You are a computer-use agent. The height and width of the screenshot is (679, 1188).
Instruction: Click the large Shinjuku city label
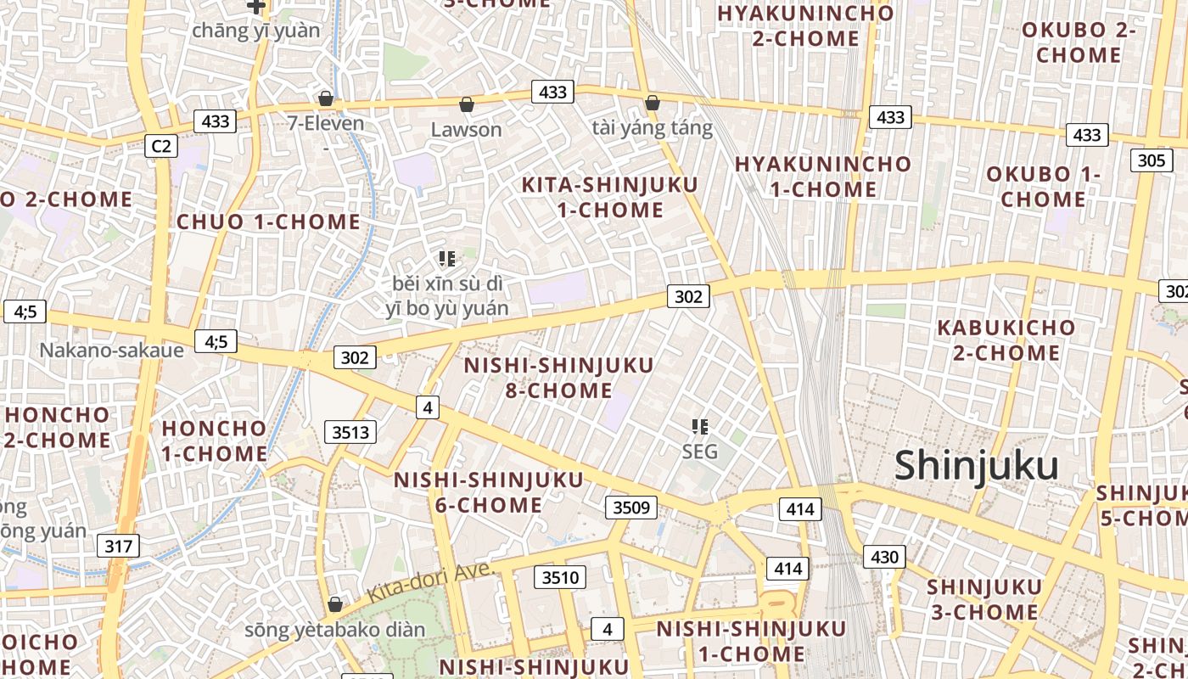977,466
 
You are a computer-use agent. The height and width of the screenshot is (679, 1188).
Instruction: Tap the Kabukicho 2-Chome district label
1006,339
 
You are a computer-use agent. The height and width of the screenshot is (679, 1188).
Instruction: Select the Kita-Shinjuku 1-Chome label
609,197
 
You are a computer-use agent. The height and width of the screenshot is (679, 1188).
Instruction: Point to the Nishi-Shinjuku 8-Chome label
559,378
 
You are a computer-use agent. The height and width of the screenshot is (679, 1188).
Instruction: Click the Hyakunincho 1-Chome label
822,177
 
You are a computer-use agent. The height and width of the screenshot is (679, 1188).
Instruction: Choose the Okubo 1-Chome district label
1043,187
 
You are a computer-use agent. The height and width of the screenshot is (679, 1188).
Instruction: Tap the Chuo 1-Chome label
268,222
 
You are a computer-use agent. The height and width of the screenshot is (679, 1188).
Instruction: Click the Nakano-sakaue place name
112,350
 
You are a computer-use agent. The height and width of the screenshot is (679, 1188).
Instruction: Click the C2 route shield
160,146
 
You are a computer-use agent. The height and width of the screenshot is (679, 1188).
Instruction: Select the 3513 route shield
350,432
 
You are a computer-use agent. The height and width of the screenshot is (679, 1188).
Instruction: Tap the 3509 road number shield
631,508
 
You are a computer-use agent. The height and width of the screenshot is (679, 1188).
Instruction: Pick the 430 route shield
884,557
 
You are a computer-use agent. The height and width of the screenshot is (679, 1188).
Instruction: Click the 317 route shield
118,545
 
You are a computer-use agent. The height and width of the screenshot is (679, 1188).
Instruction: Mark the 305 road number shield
1151,160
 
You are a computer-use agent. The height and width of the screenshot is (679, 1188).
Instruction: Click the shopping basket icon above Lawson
466,105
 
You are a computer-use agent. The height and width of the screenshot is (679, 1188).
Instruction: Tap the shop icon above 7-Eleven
326,99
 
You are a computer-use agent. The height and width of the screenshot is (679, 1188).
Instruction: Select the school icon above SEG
700,426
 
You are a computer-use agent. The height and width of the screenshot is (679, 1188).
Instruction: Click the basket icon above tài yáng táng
652,104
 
